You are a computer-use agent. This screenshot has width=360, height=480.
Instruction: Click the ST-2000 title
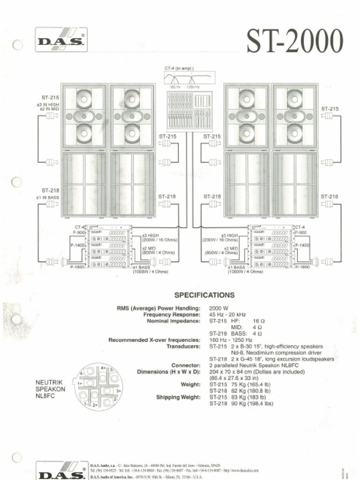pyautogui.click(x=295, y=42)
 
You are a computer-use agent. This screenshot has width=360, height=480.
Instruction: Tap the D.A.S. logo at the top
pyautogui.click(x=61, y=39)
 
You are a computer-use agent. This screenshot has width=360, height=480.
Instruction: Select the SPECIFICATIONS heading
pyautogui.click(x=204, y=295)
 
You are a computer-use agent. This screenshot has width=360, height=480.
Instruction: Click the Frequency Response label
pyautogui.click(x=172, y=315)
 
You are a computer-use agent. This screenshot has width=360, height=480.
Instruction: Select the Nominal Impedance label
pyautogui.click(x=173, y=321)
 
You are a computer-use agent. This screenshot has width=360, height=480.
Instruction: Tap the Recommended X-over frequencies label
pyautogui.click(x=154, y=340)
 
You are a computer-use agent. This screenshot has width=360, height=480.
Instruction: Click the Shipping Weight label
pyautogui.click(x=178, y=397)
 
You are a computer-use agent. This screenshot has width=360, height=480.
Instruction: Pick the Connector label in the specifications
pyautogui.click(x=186, y=365)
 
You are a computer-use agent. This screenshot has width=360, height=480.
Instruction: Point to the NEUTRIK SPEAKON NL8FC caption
pyautogui.click(x=50, y=389)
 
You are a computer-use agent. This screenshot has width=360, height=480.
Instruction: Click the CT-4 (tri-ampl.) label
pyautogui.click(x=179, y=68)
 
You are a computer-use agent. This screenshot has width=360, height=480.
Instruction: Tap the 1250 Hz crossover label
pyautogui.click(x=193, y=87)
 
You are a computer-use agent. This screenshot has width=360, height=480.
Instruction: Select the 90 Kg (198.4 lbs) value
pyautogui.click(x=241, y=403)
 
